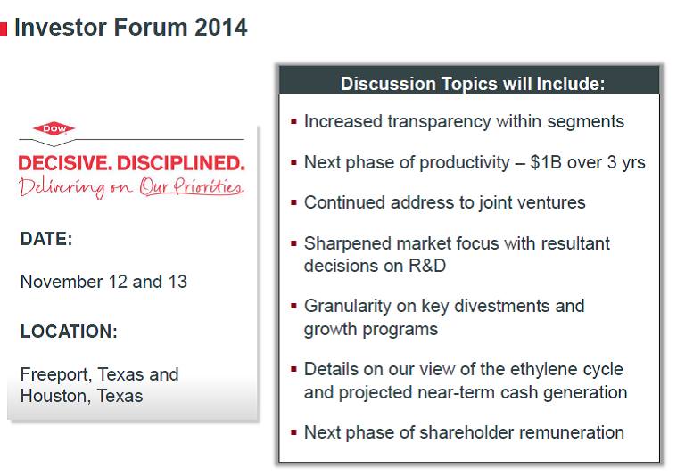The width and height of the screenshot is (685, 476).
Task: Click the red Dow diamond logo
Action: coord(54,128)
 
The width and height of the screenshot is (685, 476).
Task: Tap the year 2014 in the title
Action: coord(220,27)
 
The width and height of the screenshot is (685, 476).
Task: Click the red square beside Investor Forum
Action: coord(4,29)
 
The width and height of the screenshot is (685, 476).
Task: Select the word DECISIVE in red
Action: coord(65,163)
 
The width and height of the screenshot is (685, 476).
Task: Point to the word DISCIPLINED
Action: coord(181,163)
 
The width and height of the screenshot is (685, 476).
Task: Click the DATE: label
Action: coord(46,239)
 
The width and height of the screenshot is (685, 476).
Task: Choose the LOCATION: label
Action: coord(69,332)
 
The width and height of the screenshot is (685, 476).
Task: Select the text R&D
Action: coord(427,266)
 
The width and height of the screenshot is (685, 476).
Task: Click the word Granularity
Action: coord(347,307)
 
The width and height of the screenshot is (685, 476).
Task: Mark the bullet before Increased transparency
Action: coord(293,121)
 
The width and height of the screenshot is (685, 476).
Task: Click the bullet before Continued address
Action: coord(293,202)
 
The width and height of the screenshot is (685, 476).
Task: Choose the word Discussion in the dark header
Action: coord(388,84)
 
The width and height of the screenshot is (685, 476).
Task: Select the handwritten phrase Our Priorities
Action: coord(192,187)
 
